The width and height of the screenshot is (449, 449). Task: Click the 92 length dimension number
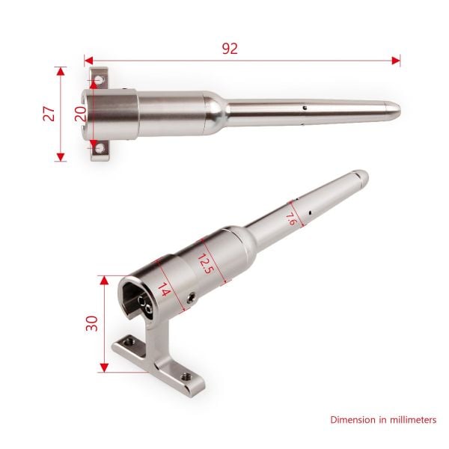click(230, 49)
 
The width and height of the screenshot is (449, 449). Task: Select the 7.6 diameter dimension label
click(291, 219)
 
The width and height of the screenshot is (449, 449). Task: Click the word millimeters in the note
click(407, 421)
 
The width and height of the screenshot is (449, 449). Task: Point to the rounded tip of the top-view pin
click(396, 110)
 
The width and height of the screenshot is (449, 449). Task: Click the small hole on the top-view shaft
click(305, 108)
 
